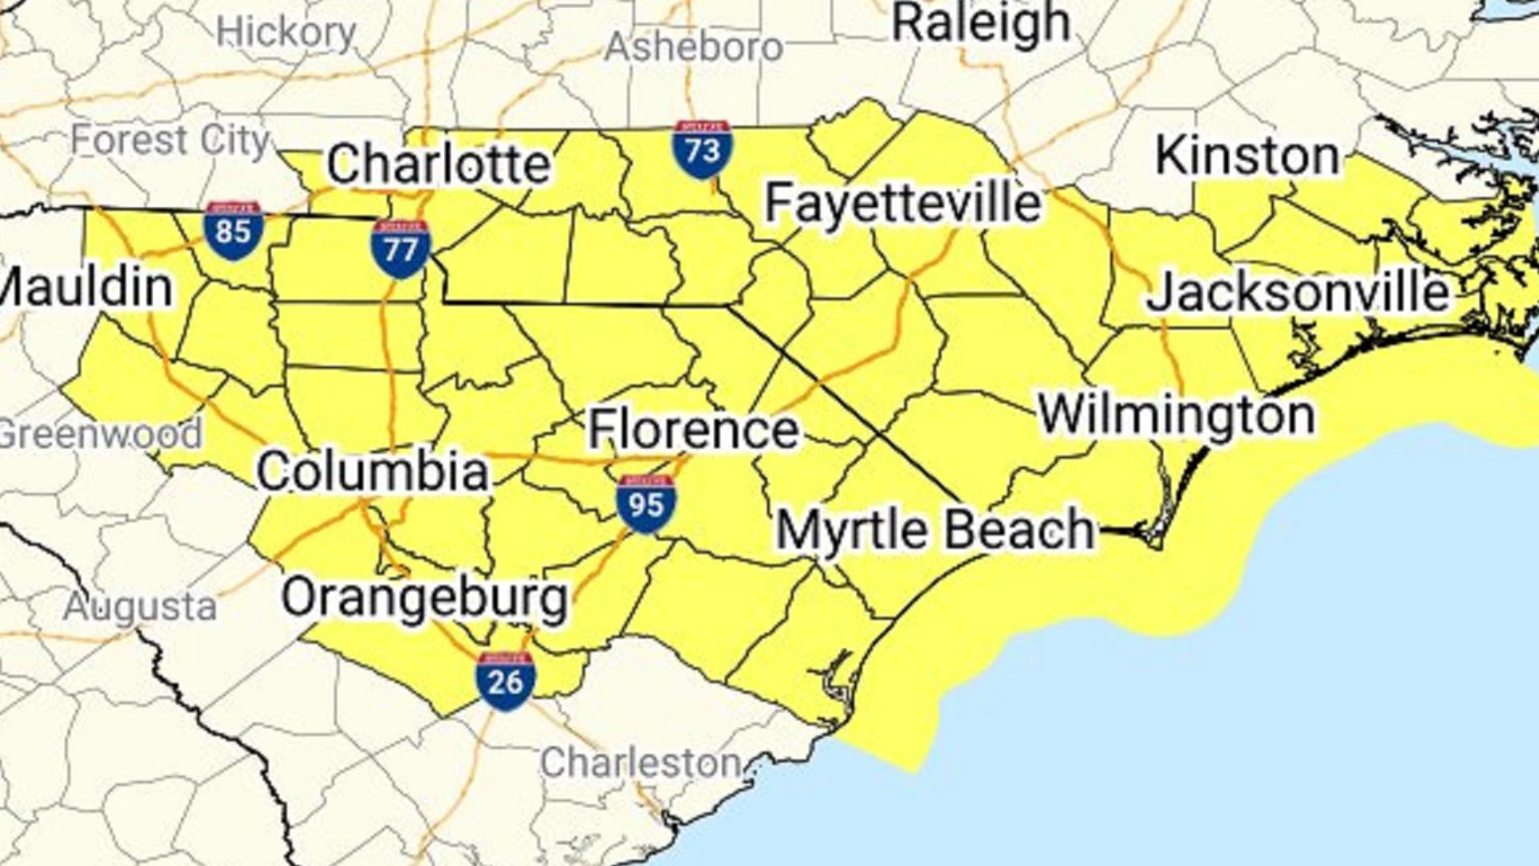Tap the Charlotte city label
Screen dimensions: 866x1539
(x=438, y=164)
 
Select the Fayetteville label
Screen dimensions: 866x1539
(x=903, y=202)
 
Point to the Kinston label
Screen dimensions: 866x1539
(x=1247, y=156)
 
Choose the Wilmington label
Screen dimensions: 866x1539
(x=1177, y=415)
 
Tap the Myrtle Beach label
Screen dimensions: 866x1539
(x=935, y=530)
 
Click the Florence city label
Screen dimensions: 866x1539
(x=693, y=429)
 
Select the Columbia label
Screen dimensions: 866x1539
(x=373, y=471)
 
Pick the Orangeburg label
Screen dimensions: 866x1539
(x=425, y=598)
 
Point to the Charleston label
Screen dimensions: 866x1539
(x=640, y=763)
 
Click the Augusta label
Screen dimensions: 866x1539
(x=141, y=607)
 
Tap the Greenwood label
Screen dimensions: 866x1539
(x=100, y=434)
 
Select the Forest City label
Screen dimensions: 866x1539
(x=170, y=141)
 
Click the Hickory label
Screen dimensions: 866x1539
(x=286, y=33)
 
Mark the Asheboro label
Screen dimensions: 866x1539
(x=693, y=47)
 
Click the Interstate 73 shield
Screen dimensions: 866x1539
(x=702, y=149)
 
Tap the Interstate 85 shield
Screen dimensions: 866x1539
(x=233, y=231)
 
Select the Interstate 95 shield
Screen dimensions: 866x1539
(x=646, y=504)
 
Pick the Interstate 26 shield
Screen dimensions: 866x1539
(x=505, y=681)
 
